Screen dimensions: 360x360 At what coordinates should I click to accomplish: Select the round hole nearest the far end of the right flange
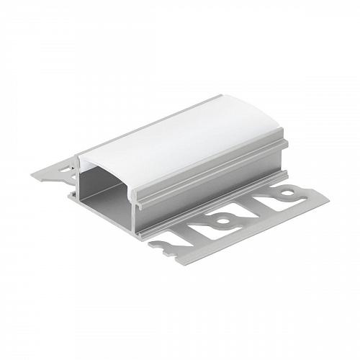pos(287,193)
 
